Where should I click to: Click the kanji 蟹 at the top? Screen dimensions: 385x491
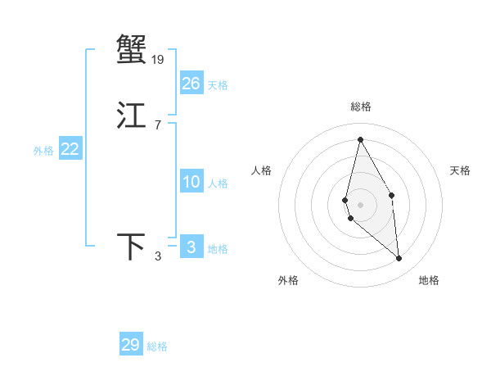pyautogui.click(x=131, y=49)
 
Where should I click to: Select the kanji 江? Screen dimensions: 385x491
pyautogui.click(x=131, y=115)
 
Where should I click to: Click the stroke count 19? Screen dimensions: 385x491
pyautogui.click(x=157, y=59)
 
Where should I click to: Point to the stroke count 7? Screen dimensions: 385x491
pyautogui.click(x=157, y=125)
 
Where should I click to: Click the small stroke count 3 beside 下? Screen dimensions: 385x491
pyautogui.click(x=158, y=257)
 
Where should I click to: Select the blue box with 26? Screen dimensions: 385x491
pyautogui.click(x=191, y=84)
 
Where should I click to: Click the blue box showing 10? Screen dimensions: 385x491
pyautogui.click(x=191, y=182)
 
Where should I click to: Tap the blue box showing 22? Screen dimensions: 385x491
pyautogui.click(x=70, y=149)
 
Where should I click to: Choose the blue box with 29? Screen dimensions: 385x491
pyautogui.click(x=131, y=345)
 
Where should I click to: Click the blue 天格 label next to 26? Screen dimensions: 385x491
pyautogui.click(x=218, y=85)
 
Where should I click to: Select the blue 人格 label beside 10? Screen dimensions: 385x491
pyautogui.click(x=218, y=183)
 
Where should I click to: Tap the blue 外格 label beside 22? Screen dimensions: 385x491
pyautogui.click(x=43, y=151)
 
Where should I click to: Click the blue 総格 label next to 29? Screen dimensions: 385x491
pyautogui.click(x=157, y=346)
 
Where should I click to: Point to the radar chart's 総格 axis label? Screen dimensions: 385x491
pyautogui.click(x=361, y=106)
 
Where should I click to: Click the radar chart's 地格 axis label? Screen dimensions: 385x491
pyautogui.click(x=429, y=280)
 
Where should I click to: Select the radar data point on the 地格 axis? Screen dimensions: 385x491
pyautogui.click(x=399, y=258)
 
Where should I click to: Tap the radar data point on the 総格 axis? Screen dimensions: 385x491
pyautogui.click(x=360, y=139)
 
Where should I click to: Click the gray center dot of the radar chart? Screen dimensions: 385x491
pyautogui.click(x=360, y=203)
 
